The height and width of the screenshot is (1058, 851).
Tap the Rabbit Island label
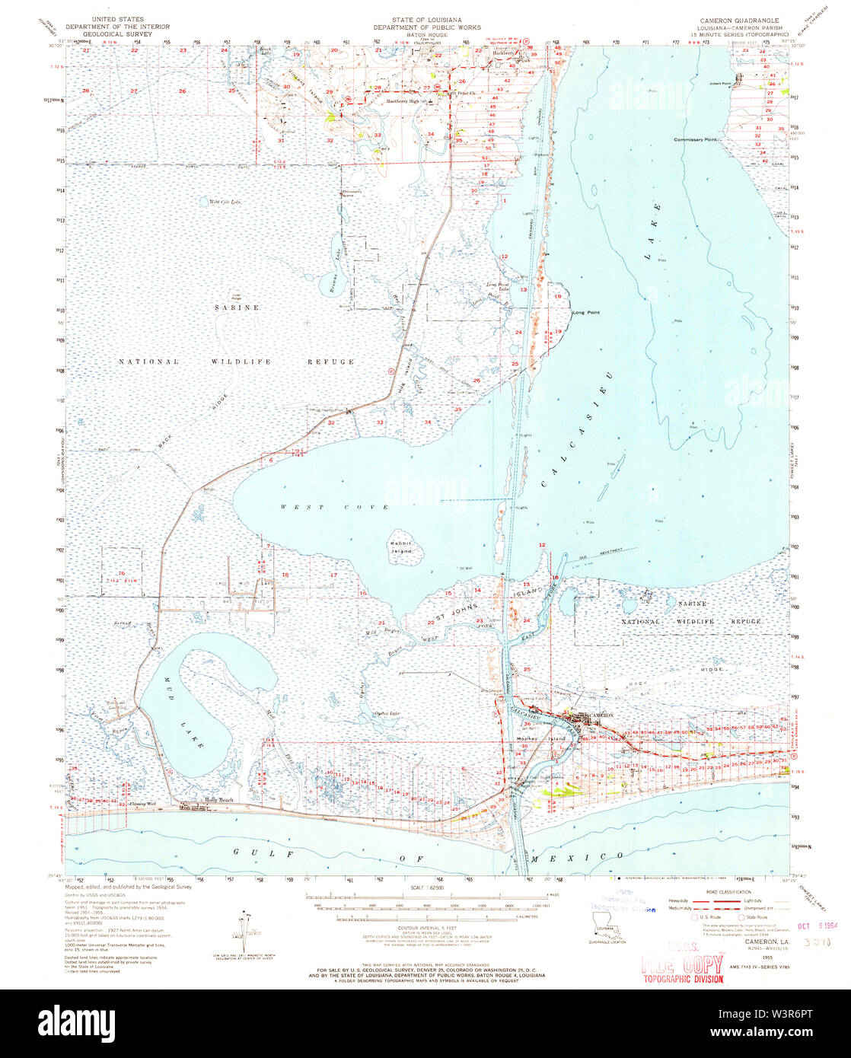pos(400,547)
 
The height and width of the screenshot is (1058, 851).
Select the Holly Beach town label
pos(218,800)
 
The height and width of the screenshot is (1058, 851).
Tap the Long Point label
pos(586,312)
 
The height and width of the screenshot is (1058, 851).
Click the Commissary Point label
pos(696,140)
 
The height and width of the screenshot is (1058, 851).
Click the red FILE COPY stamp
pos(684,965)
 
